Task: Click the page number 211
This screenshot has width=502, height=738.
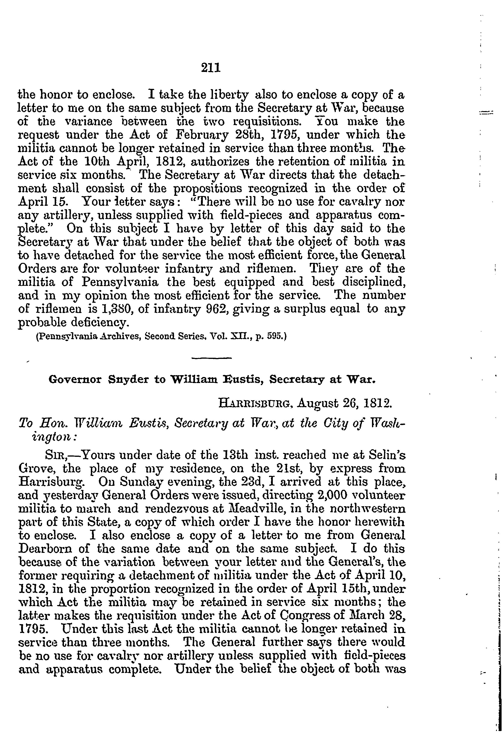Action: tap(211, 68)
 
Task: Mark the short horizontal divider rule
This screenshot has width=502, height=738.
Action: tap(212, 358)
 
